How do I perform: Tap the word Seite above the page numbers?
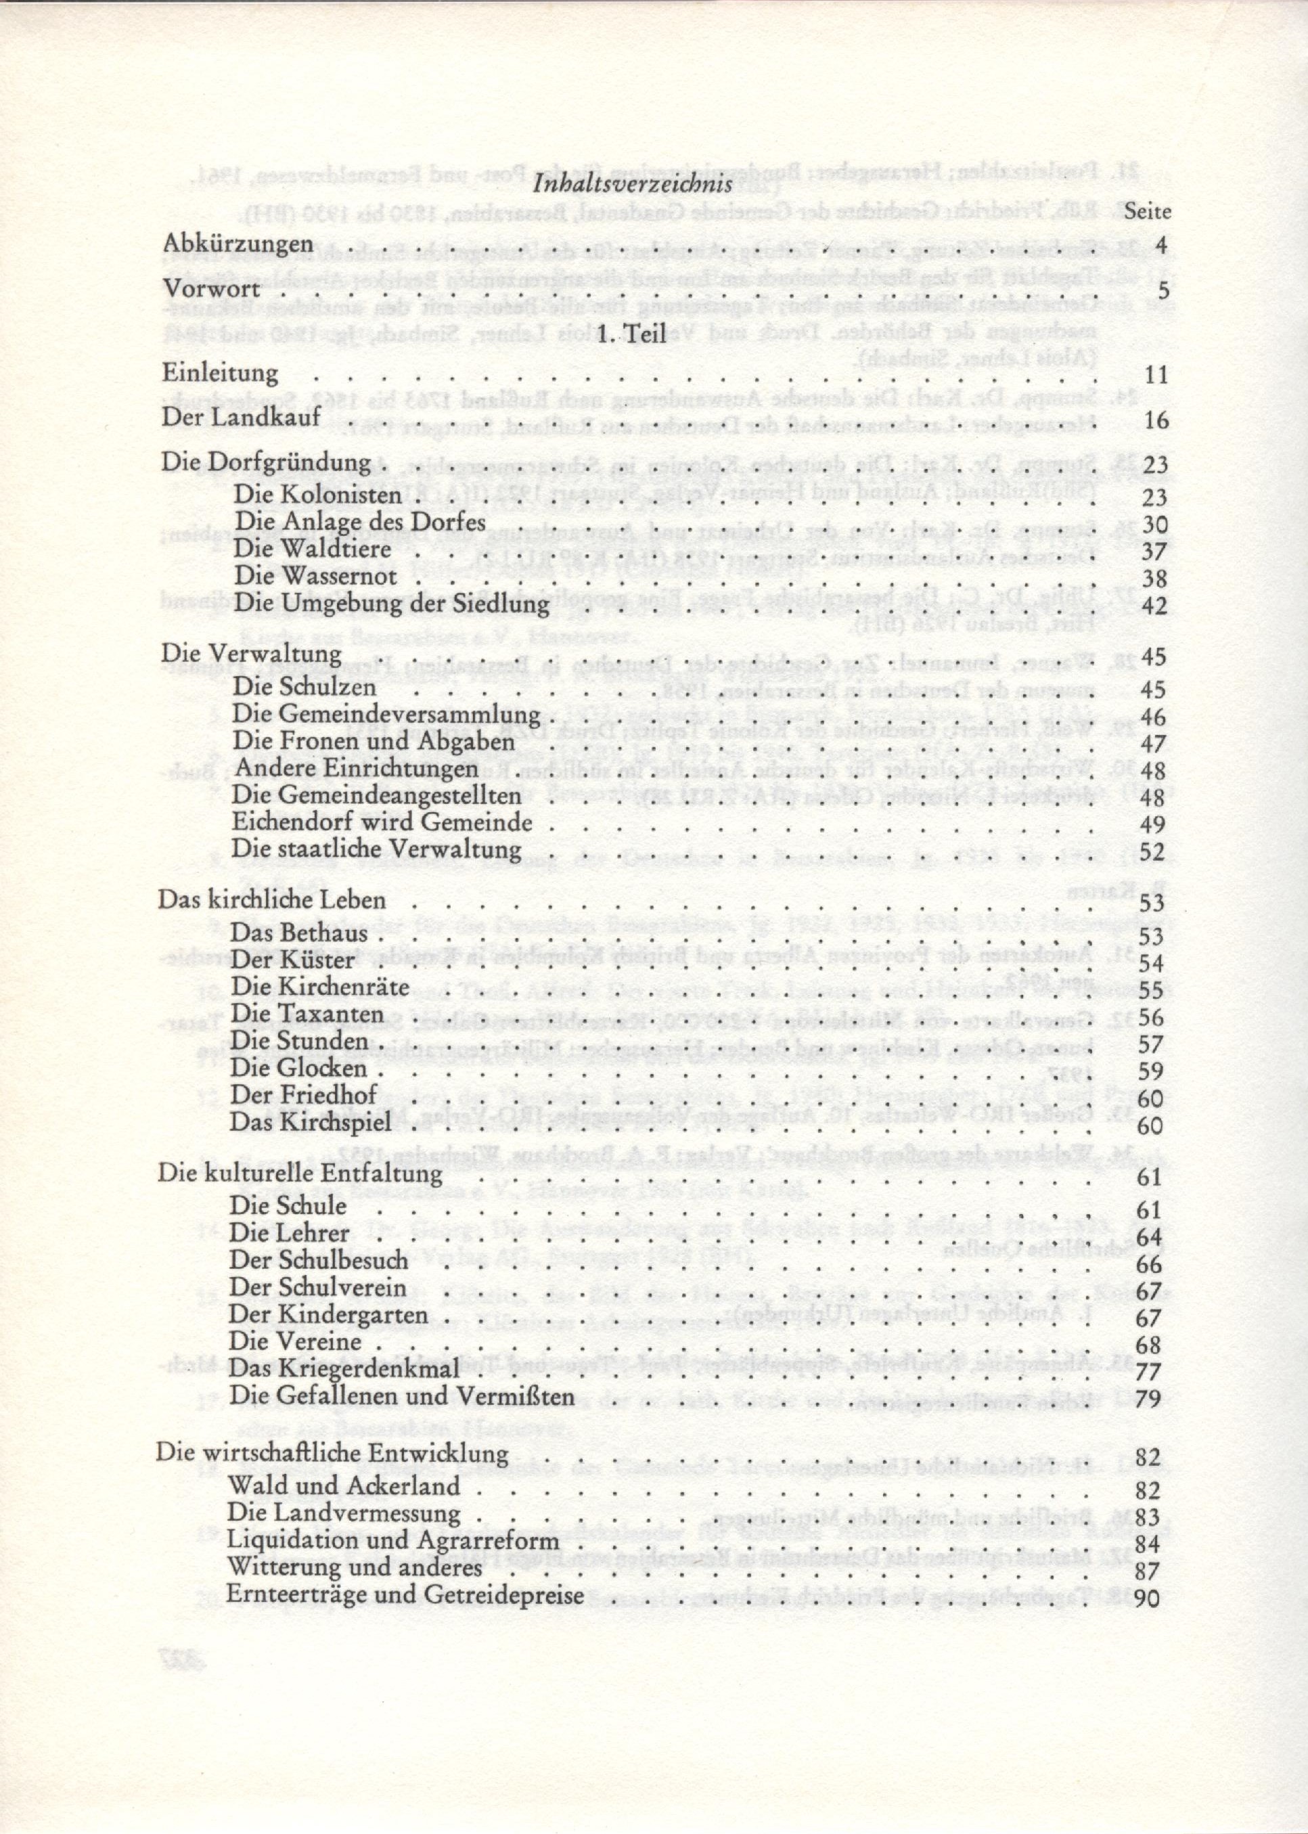1146,213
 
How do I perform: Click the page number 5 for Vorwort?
1161,290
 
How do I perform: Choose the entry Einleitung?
220,374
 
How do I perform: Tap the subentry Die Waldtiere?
313,550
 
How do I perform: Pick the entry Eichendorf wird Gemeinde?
382,822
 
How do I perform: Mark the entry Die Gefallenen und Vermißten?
401,1396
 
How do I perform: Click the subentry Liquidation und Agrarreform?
393,1542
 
